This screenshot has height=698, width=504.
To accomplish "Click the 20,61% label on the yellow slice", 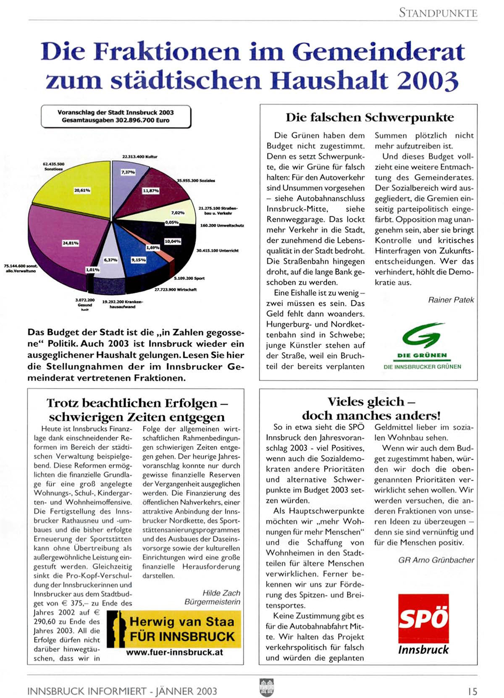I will point(82,190).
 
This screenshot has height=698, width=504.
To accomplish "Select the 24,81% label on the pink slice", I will point(71,243).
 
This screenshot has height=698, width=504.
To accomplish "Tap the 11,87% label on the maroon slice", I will point(151,191).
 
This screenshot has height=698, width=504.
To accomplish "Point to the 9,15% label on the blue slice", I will point(139,260).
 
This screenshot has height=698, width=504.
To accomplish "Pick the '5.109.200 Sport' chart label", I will point(189,278).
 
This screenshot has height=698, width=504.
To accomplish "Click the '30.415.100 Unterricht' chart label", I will point(217,251).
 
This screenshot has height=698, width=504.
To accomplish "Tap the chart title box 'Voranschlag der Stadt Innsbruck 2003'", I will point(115,116).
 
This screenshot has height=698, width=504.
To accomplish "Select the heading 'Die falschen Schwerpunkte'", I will point(370,117).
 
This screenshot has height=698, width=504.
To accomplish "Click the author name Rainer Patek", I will point(451,300).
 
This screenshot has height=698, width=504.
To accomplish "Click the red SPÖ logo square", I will point(423,618).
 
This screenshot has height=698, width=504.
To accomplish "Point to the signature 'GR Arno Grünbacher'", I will point(436,560).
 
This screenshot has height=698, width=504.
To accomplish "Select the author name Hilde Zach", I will point(221,593).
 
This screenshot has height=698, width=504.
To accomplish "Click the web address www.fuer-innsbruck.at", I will point(174,653).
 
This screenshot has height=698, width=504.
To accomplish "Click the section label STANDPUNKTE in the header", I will point(438,13).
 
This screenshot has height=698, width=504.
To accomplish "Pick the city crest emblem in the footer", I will point(267,688).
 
